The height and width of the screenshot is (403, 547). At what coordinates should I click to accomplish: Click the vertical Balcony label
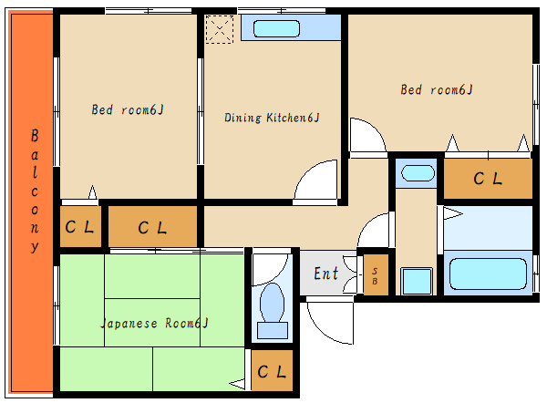(x=35, y=191)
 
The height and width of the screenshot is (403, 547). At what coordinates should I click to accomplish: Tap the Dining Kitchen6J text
(x=272, y=118)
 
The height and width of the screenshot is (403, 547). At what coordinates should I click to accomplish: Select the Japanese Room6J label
(x=155, y=324)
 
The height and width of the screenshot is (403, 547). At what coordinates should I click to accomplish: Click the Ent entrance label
(x=325, y=274)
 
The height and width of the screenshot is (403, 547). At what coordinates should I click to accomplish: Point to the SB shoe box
(x=376, y=275)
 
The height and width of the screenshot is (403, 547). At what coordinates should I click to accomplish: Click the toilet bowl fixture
(x=272, y=303)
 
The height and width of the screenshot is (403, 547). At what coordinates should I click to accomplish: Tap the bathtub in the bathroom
(x=488, y=274)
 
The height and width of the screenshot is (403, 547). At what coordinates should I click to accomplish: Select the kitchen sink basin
(x=276, y=28)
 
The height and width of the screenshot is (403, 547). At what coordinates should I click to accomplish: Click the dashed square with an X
(x=219, y=29)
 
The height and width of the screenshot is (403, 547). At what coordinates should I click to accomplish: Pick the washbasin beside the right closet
(x=418, y=173)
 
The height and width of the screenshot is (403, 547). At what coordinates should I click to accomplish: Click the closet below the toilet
(x=272, y=370)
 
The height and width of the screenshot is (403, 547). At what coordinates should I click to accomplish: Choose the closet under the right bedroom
(x=488, y=179)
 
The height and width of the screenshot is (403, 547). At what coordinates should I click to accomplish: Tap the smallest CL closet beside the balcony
(x=80, y=226)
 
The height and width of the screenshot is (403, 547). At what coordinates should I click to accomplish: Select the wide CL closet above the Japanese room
(x=152, y=227)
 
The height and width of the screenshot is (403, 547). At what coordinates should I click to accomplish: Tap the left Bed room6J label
(x=128, y=110)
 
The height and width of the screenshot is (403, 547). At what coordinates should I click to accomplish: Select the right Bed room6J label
(x=437, y=89)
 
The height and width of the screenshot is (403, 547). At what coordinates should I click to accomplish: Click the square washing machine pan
(x=417, y=281)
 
